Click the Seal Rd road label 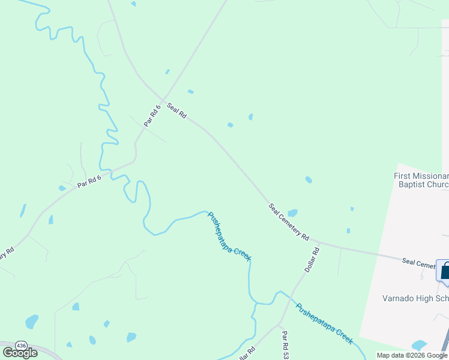(x=177, y=110)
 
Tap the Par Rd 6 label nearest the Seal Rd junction (x=152, y=115)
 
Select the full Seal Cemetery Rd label (x=289, y=222)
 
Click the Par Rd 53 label (x=286, y=345)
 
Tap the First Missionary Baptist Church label (x=421, y=180)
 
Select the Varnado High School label (x=415, y=298)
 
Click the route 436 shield (x=21, y=346)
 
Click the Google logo (x=20, y=353)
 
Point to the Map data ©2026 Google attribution (x=411, y=355)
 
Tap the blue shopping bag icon (x=444, y=271)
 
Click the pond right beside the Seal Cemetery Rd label (x=292, y=213)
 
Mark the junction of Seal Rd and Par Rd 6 (x=162, y=100)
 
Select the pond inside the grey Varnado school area (x=419, y=346)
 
